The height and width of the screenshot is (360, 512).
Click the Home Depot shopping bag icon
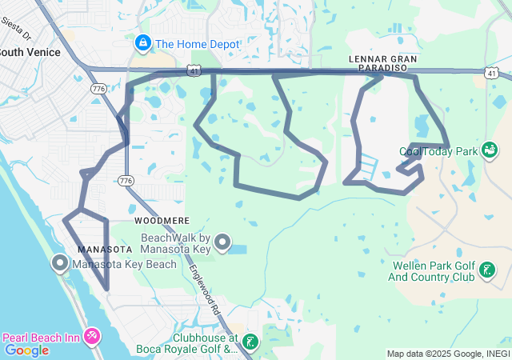pos(143,43)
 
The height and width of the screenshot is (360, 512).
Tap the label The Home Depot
pos(197,44)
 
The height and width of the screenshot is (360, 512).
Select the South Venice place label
pos(30,52)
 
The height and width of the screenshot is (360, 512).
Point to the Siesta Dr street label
pos(15,30)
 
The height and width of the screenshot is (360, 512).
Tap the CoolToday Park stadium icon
pos(490,149)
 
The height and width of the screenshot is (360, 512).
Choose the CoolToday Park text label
pos(438,151)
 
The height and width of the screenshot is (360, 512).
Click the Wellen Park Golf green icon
pos(486,272)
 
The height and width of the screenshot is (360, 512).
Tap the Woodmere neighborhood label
pos(162,219)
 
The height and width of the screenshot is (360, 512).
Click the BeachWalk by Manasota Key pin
pos(222,242)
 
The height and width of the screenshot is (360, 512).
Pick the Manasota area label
pos(104,249)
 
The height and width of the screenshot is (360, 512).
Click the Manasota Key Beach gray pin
pos(60,262)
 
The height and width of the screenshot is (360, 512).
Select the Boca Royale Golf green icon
pos(250,342)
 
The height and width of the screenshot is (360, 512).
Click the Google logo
pos(26,350)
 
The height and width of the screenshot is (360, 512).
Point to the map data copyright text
pos(448,354)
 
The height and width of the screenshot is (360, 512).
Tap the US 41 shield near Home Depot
pos(195,71)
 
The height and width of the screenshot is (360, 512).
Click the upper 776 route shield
pos(98,88)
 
